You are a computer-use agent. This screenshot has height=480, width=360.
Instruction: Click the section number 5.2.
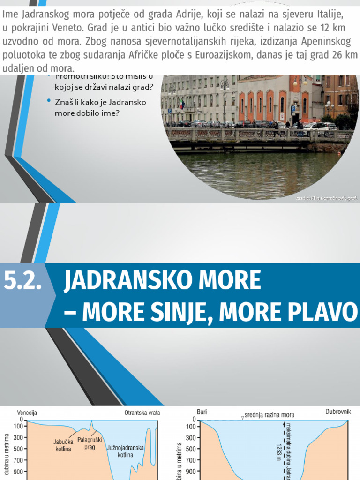[x=22, y=281]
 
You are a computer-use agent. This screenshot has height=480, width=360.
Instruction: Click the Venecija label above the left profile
[x=27, y=413]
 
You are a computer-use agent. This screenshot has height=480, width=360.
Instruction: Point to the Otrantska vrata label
[x=142, y=413]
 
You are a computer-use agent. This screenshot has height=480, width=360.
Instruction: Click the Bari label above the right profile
[x=202, y=412]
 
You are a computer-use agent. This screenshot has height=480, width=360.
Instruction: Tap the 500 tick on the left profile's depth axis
[x=18, y=449]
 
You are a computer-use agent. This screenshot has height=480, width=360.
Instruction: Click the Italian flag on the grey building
[x=182, y=104]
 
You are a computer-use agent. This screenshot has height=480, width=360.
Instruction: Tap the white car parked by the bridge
[x=318, y=127]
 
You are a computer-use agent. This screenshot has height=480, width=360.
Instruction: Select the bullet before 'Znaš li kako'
[x=49, y=101]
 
